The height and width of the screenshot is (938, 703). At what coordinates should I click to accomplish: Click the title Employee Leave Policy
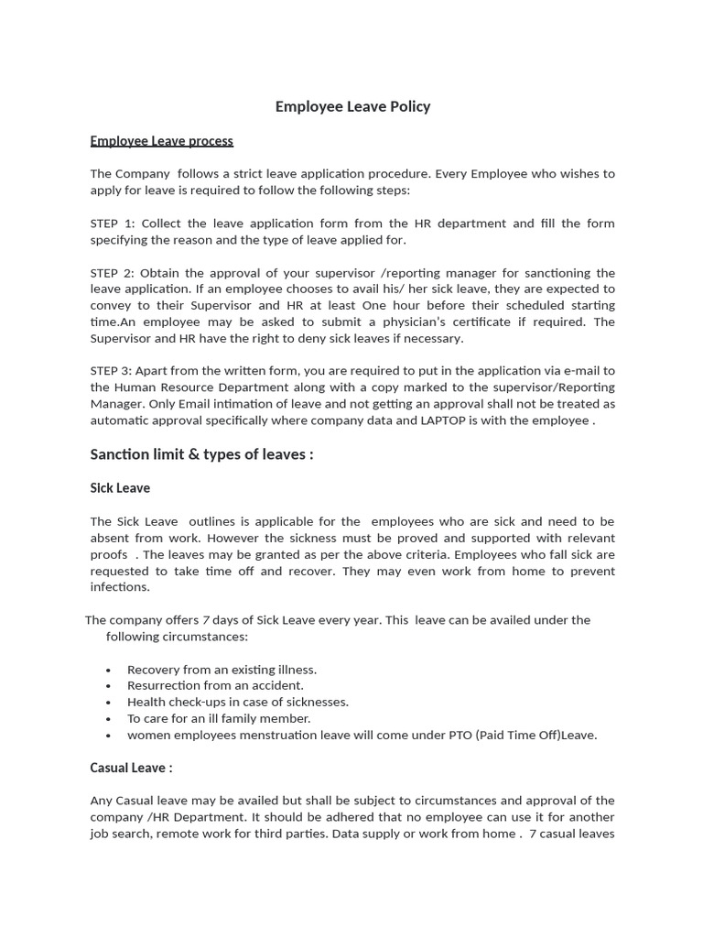click(x=352, y=106)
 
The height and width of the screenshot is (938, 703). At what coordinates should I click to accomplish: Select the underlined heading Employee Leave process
click(x=161, y=141)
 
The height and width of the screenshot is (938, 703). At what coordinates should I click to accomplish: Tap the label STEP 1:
click(x=113, y=224)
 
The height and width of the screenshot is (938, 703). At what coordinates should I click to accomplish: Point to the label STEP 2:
click(x=113, y=273)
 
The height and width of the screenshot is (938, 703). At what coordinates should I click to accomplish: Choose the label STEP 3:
click(x=113, y=371)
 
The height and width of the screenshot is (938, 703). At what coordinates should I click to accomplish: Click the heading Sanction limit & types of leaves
click(x=201, y=454)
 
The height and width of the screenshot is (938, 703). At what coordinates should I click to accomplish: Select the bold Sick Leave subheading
click(x=120, y=488)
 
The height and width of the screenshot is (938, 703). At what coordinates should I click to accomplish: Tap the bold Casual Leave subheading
click(x=131, y=768)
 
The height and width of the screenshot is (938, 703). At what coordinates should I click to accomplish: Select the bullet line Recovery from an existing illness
click(x=222, y=670)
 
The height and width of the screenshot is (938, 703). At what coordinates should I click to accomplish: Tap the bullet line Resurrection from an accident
click(x=215, y=685)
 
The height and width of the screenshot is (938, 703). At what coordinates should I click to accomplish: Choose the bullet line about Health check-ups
click(x=238, y=702)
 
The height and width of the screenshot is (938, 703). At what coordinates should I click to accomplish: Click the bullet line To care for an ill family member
click(x=219, y=718)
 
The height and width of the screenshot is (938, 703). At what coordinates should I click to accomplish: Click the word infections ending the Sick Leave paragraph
click(x=119, y=587)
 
